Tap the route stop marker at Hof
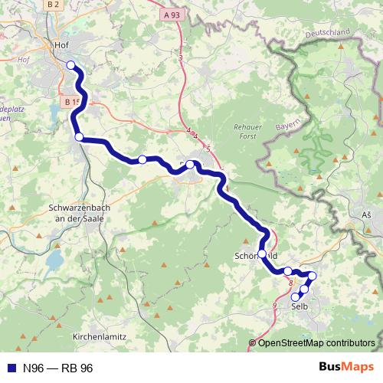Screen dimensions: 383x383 70,65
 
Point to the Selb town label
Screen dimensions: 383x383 300,306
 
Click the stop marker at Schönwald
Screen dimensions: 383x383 262,254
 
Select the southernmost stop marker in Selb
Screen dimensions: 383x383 296,297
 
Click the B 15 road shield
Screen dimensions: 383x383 72,101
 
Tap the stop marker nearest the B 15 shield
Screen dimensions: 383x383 78,136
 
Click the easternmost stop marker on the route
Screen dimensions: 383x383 312,276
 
